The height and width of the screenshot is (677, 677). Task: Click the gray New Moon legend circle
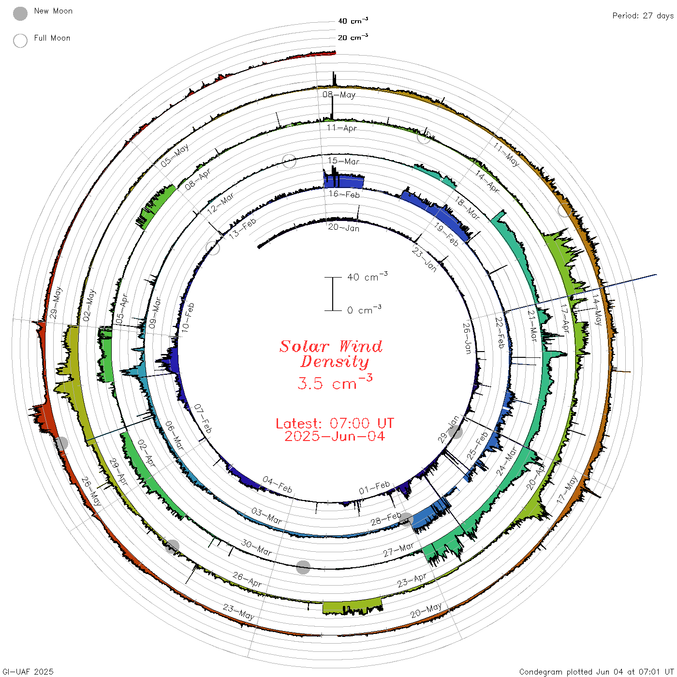(x=20, y=14)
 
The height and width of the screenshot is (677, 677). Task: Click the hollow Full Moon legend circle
(x=20, y=41)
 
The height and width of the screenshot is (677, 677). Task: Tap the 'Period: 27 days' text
(x=643, y=15)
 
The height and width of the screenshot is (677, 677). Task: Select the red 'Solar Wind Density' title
(x=331, y=354)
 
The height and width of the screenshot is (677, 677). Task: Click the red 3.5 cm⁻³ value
(x=335, y=382)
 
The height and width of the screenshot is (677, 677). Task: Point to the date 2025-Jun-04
(x=335, y=436)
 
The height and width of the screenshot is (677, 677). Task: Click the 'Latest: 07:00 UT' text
(x=335, y=423)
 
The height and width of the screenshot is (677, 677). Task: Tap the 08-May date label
(x=338, y=95)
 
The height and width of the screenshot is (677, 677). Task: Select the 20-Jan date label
(x=344, y=227)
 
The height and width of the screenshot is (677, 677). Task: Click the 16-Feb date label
(x=344, y=194)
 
